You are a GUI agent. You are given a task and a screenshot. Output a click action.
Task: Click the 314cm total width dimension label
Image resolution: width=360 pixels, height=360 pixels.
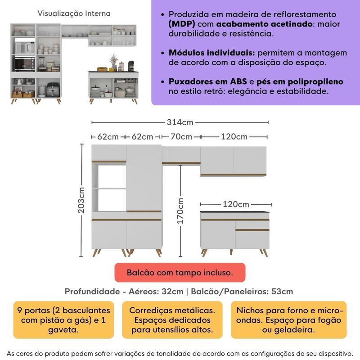coord(180,122)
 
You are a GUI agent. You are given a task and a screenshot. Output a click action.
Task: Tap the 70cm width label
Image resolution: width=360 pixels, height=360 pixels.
coord(180,136)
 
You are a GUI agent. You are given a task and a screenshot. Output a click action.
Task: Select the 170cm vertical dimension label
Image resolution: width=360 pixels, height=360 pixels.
coord(180,211)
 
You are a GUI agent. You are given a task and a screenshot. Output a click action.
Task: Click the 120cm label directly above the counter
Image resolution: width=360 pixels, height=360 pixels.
coord(236,204)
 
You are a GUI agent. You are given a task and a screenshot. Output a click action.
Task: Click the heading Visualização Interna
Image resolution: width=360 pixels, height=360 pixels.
coord(74,13)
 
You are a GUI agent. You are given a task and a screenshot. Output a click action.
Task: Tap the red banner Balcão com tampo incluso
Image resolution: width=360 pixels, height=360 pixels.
coord(180,273)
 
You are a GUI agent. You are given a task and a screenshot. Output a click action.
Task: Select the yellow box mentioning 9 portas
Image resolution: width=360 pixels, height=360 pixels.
coord(63,320)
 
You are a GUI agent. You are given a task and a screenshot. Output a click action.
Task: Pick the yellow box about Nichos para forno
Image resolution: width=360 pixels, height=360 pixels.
coord(289,320)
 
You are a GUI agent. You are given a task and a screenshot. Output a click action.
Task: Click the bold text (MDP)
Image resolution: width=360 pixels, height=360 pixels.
coord(182,24)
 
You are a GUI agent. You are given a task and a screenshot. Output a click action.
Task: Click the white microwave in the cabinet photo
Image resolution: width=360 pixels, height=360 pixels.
coord(25,47)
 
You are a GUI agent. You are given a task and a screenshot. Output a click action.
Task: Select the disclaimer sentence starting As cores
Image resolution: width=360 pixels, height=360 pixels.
coord(180,352)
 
